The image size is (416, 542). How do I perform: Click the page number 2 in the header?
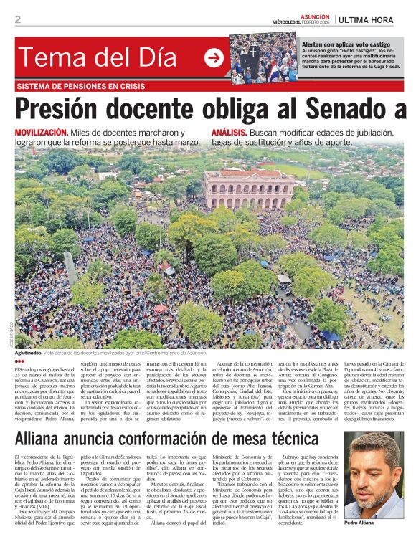18,19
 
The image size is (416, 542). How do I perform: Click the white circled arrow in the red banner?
214,58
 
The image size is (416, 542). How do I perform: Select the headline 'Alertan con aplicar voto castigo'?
346,44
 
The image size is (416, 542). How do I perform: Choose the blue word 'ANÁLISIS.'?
230,133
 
